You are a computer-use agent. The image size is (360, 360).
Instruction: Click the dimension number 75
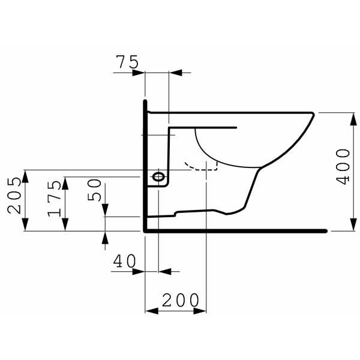click(x=127, y=61)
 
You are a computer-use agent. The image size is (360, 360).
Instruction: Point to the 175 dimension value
click(x=55, y=196)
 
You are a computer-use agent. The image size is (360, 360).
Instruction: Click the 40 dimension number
click(x=125, y=261)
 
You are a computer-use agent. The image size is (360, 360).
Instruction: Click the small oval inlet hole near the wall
click(x=158, y=177)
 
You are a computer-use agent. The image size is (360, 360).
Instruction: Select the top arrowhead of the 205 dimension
click(x=25, y=173)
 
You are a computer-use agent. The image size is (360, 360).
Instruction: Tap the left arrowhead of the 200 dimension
click(x=150, y=311)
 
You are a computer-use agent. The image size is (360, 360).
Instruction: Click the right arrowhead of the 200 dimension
click(x=202, y=311)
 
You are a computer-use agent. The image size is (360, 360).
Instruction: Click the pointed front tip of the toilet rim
click(x=314, y=113)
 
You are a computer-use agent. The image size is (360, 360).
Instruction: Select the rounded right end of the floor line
click(x=325, y=231)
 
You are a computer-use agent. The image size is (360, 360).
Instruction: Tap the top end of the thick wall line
click(x=145, y=101)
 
